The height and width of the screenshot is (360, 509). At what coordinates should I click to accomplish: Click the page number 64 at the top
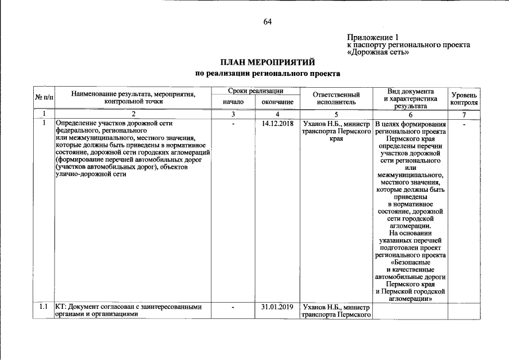(267, 22)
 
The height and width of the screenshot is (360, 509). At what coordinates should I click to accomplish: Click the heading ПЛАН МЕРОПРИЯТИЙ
(267, 62)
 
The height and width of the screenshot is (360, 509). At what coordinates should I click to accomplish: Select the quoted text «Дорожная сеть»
(377, 52)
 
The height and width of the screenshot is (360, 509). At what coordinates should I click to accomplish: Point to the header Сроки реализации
(255, 91)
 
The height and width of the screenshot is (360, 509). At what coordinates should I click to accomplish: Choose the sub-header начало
(233, 102)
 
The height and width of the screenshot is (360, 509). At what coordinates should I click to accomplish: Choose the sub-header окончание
(277, 102)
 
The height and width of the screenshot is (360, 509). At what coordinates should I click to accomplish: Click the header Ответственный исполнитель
(336, 98)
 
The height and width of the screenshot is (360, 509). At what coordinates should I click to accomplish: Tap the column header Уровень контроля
(465, 98)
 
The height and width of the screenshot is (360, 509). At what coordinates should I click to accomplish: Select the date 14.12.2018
(277, 124)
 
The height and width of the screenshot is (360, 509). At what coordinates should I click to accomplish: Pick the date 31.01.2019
(277, 307)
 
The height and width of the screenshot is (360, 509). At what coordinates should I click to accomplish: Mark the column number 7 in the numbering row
(465, 114)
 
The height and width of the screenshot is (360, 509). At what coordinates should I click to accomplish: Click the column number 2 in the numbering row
(133, 114)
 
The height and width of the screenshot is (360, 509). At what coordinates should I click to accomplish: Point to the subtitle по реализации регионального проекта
(267, 73)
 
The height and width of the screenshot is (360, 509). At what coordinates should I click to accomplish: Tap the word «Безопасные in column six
(410, 262)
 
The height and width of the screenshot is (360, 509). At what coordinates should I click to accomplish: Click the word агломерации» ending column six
(410, 299)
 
